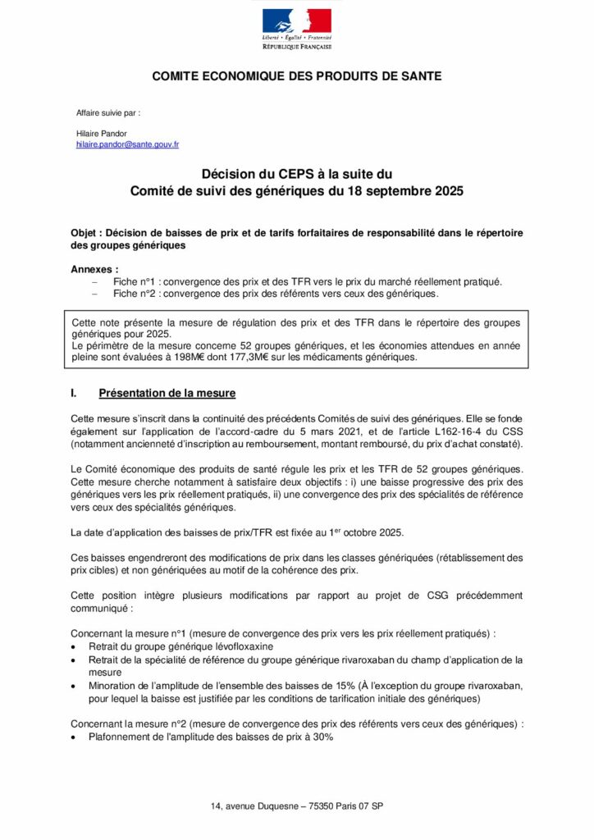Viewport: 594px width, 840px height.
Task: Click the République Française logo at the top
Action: coord(296,29)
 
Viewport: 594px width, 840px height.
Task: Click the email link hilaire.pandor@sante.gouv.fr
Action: coord(127,144)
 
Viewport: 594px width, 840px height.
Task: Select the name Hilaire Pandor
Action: coord(102,132)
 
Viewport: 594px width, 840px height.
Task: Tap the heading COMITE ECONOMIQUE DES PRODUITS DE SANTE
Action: coord(296,76)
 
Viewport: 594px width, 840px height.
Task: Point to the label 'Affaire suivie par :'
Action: coord(107,112)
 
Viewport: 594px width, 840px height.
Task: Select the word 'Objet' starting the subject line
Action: coord(85,233)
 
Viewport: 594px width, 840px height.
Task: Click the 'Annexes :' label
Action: coord(94,269)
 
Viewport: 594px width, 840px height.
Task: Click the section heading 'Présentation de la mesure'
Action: coord(167,394)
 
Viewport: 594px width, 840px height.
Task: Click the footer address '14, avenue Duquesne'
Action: coord(254,807)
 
